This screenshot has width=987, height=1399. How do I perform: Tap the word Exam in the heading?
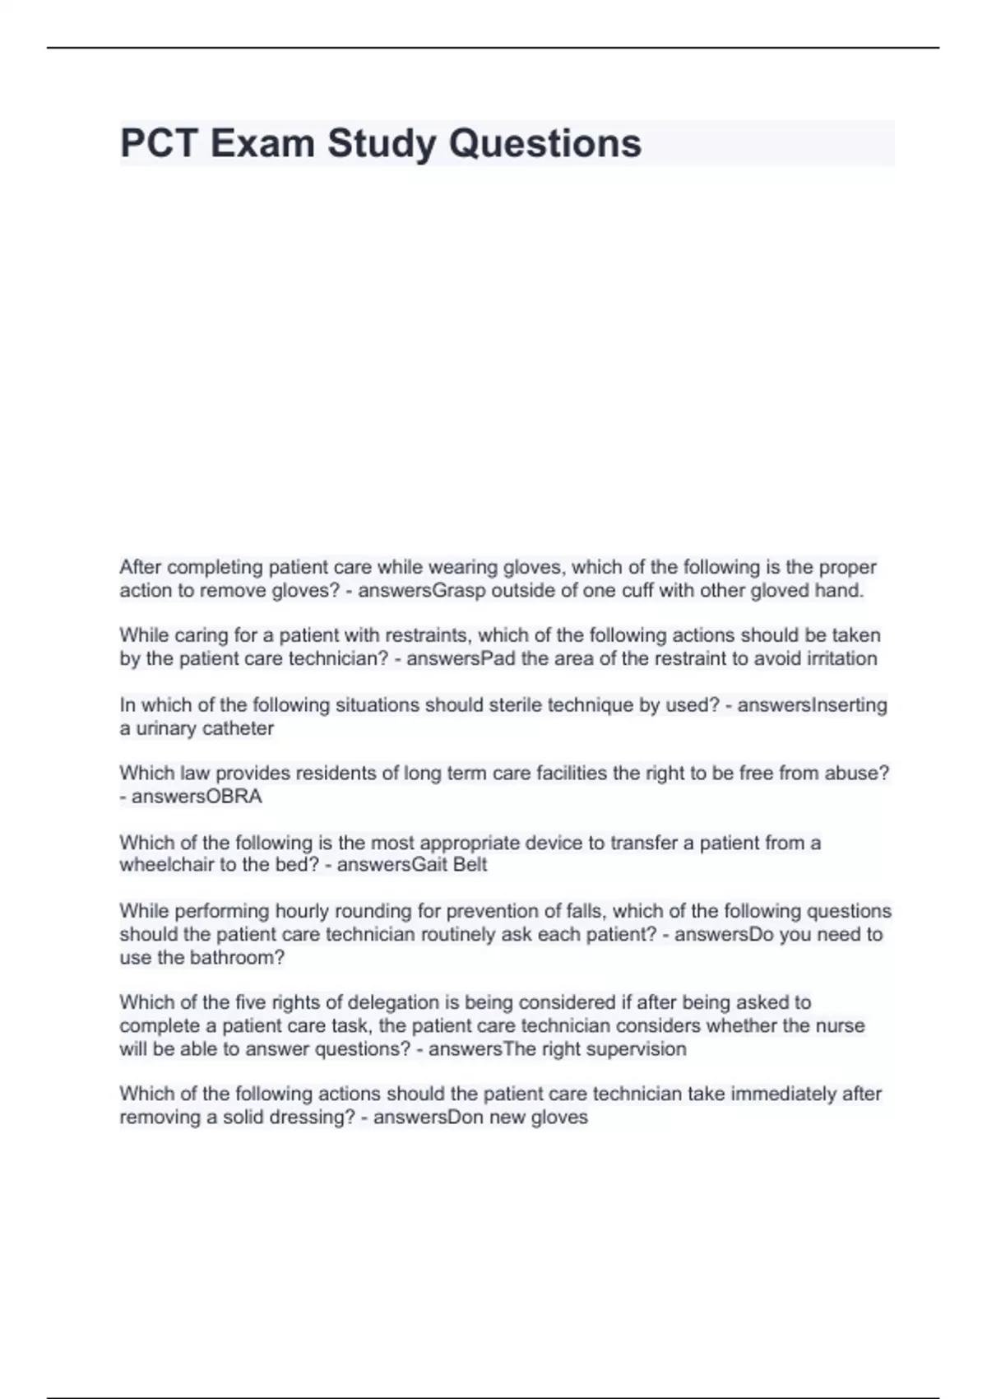262,143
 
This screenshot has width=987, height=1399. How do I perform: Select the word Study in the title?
382,143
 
